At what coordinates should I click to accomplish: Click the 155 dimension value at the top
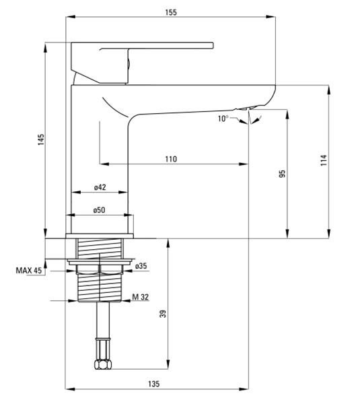[171, 12]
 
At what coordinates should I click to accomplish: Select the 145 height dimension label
[41, 139]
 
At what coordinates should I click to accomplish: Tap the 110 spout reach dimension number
[171, 159]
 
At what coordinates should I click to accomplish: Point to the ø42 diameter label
[100, 187]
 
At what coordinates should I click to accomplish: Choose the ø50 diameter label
[99, 210]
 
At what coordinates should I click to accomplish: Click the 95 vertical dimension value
[282, 174]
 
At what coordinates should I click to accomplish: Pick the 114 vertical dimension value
[324, 160]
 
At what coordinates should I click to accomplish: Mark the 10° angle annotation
[223, 119]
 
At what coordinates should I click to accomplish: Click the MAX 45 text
[28, 270]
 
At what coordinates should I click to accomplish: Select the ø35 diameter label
[141, 265]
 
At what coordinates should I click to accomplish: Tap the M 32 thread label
[141, 297]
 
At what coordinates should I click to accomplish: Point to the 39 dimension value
[163, 314]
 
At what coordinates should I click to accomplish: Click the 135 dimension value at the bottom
[153, 384]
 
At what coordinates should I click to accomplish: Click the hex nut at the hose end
[103, 364]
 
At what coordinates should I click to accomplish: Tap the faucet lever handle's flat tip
[212, 46]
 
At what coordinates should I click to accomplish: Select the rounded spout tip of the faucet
[271, 96]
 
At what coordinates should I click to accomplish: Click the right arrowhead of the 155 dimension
[271, 17]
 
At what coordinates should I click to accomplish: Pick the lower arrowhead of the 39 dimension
[168, 364]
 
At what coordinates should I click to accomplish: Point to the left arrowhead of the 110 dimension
[104, 164]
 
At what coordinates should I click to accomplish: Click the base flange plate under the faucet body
[100, 236]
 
